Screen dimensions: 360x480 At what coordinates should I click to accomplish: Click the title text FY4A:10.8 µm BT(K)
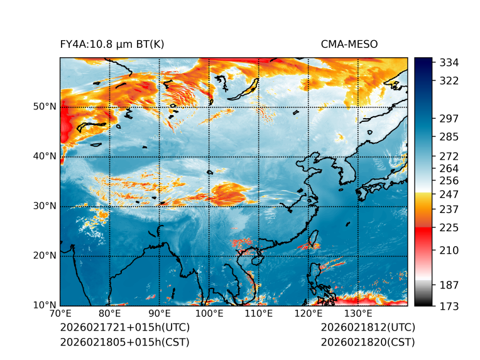click(x=112, y=45)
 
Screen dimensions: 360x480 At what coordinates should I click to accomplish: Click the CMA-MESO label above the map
click(x=349, y=45)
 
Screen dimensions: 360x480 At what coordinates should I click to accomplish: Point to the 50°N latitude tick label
click(x=45, y=107)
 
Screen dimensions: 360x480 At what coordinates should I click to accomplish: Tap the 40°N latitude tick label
click(x=45, y=156)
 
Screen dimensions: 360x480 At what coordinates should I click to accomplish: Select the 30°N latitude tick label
click(x=45, y=206)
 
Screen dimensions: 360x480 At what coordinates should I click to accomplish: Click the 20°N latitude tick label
click(x=45, y=256)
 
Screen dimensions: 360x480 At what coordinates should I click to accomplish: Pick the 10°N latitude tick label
click(x=45, y=306)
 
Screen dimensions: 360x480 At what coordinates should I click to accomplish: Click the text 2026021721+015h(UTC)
click(x=125, y=327)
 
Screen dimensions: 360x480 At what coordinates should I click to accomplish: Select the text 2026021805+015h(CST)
click(x=124, y=342)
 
